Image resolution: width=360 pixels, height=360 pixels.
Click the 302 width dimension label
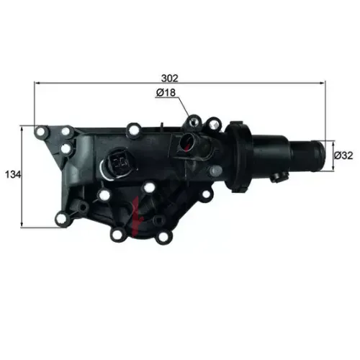(170, 78)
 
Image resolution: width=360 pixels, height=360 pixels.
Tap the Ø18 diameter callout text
(166, 92)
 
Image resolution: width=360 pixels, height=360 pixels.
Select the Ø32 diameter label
(343, 156)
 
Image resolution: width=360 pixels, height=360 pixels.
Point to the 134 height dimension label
(13, 174)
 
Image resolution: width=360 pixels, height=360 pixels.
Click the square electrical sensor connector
(120, 162)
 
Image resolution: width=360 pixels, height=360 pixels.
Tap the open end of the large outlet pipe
(321, 156)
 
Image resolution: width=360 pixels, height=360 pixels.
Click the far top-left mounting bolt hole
(41, 131)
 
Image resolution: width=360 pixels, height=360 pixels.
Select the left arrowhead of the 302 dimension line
(37, 83)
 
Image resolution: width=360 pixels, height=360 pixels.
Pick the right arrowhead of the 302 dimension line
(323, 83)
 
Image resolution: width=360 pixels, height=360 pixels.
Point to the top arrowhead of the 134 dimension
(22, 128)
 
